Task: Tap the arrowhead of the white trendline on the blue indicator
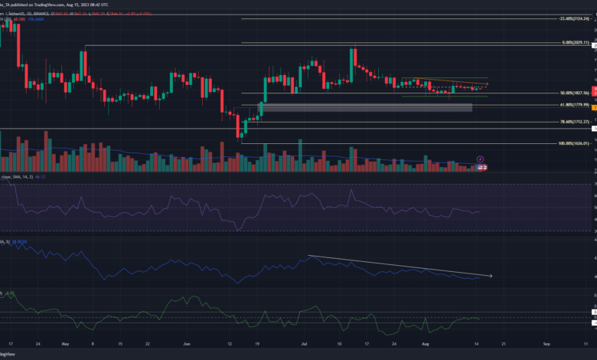click(x=490, y=275)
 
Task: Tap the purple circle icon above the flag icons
click(x=480, y=159)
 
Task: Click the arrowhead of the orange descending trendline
click(x=487, y=83)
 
